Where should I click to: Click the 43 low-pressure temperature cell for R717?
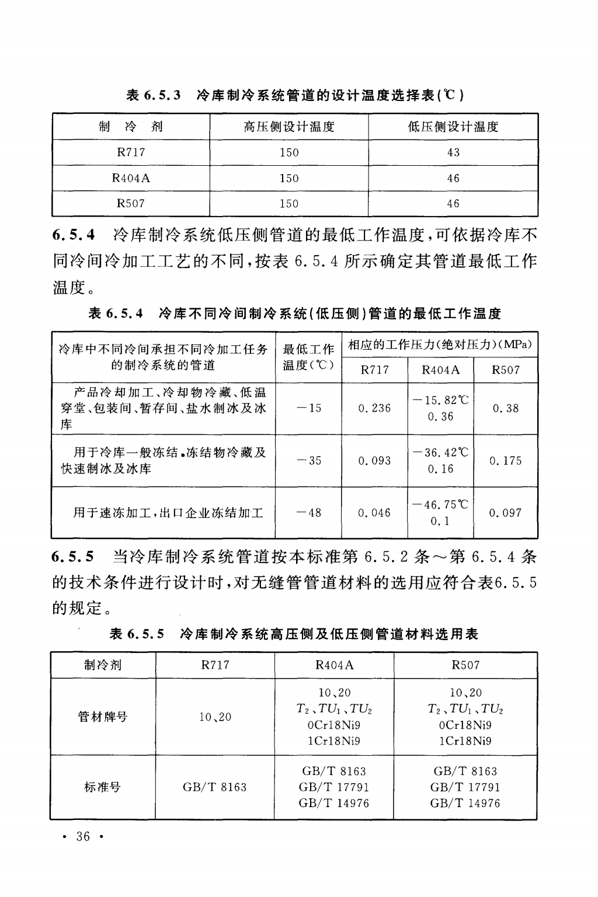pos(453,152)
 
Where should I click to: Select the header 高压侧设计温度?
pos(289,127)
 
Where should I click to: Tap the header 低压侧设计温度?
pos(453,127)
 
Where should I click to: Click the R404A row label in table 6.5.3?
pos(131,178)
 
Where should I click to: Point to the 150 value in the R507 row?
pos(289,204)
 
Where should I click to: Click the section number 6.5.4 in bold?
pos(74,235)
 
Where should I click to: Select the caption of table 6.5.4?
pos(294,314)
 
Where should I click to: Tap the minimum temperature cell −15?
pos(309,408)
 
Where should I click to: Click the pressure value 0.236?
pos(374,408)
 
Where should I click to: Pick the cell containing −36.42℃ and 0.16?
pos(440,460)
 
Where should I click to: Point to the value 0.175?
pos(505,460)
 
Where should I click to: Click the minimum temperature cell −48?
pos(309,513)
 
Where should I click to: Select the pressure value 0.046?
pos(374,513)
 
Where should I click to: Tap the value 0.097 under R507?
pos(505,513)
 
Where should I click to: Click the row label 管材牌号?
pos(103,717)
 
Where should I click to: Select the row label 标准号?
pos(103,787)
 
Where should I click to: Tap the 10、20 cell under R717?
pos(215,717)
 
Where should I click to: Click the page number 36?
pos(83,837)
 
